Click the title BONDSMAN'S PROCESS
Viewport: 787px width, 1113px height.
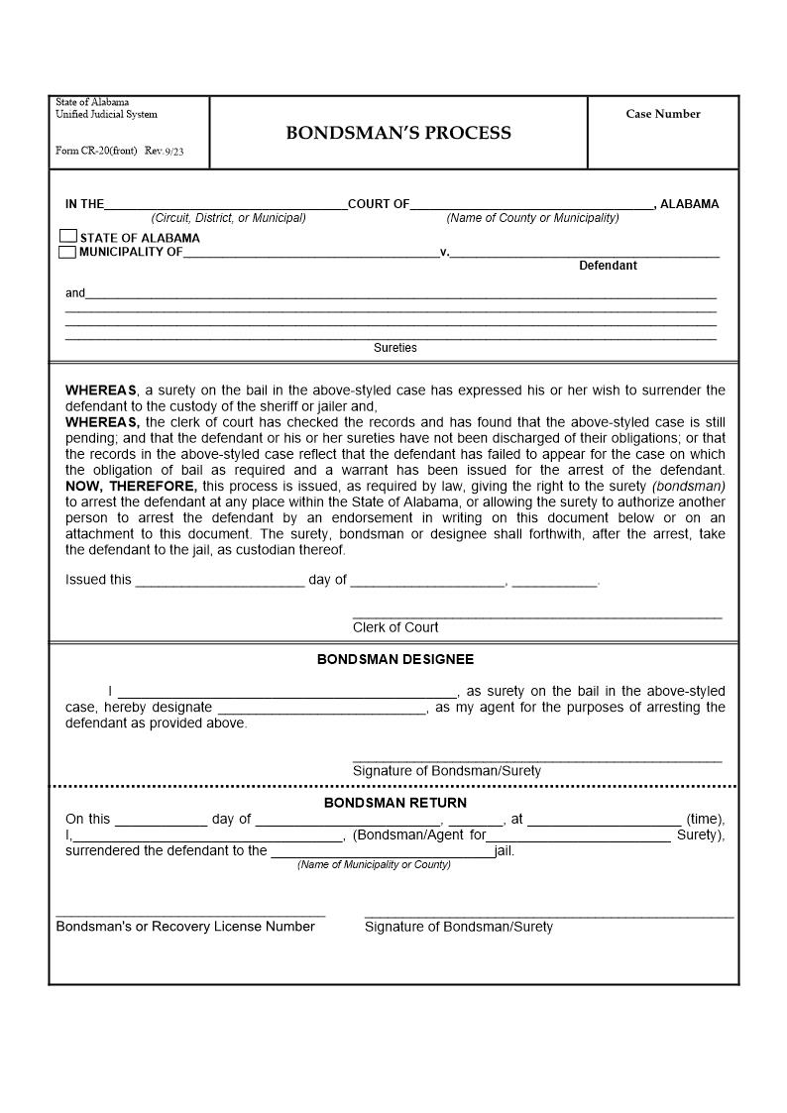[398, 133]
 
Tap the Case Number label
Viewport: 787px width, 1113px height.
[662, 114]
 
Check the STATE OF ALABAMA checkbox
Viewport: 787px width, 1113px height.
[67, 237]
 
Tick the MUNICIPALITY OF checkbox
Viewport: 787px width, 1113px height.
[67, 252]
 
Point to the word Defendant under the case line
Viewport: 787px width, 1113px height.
[608, 266]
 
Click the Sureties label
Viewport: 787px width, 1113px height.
[394, 348]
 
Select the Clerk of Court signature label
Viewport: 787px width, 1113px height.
[395, 627]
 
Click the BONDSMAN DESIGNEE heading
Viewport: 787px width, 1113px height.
[395, 659]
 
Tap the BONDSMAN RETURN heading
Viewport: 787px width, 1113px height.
[394, 803]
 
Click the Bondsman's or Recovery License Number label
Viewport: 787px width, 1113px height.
[185, 927]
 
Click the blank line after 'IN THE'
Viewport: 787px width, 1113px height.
[225, 206]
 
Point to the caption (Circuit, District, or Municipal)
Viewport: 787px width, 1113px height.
[228, 218]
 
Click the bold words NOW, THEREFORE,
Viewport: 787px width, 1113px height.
[131, 486]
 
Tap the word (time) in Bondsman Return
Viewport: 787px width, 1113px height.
[705, 820]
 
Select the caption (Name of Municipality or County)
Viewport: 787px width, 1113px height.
[374, 865]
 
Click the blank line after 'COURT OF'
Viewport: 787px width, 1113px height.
[531, 206]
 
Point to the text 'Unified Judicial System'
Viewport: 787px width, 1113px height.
[106, 115]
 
